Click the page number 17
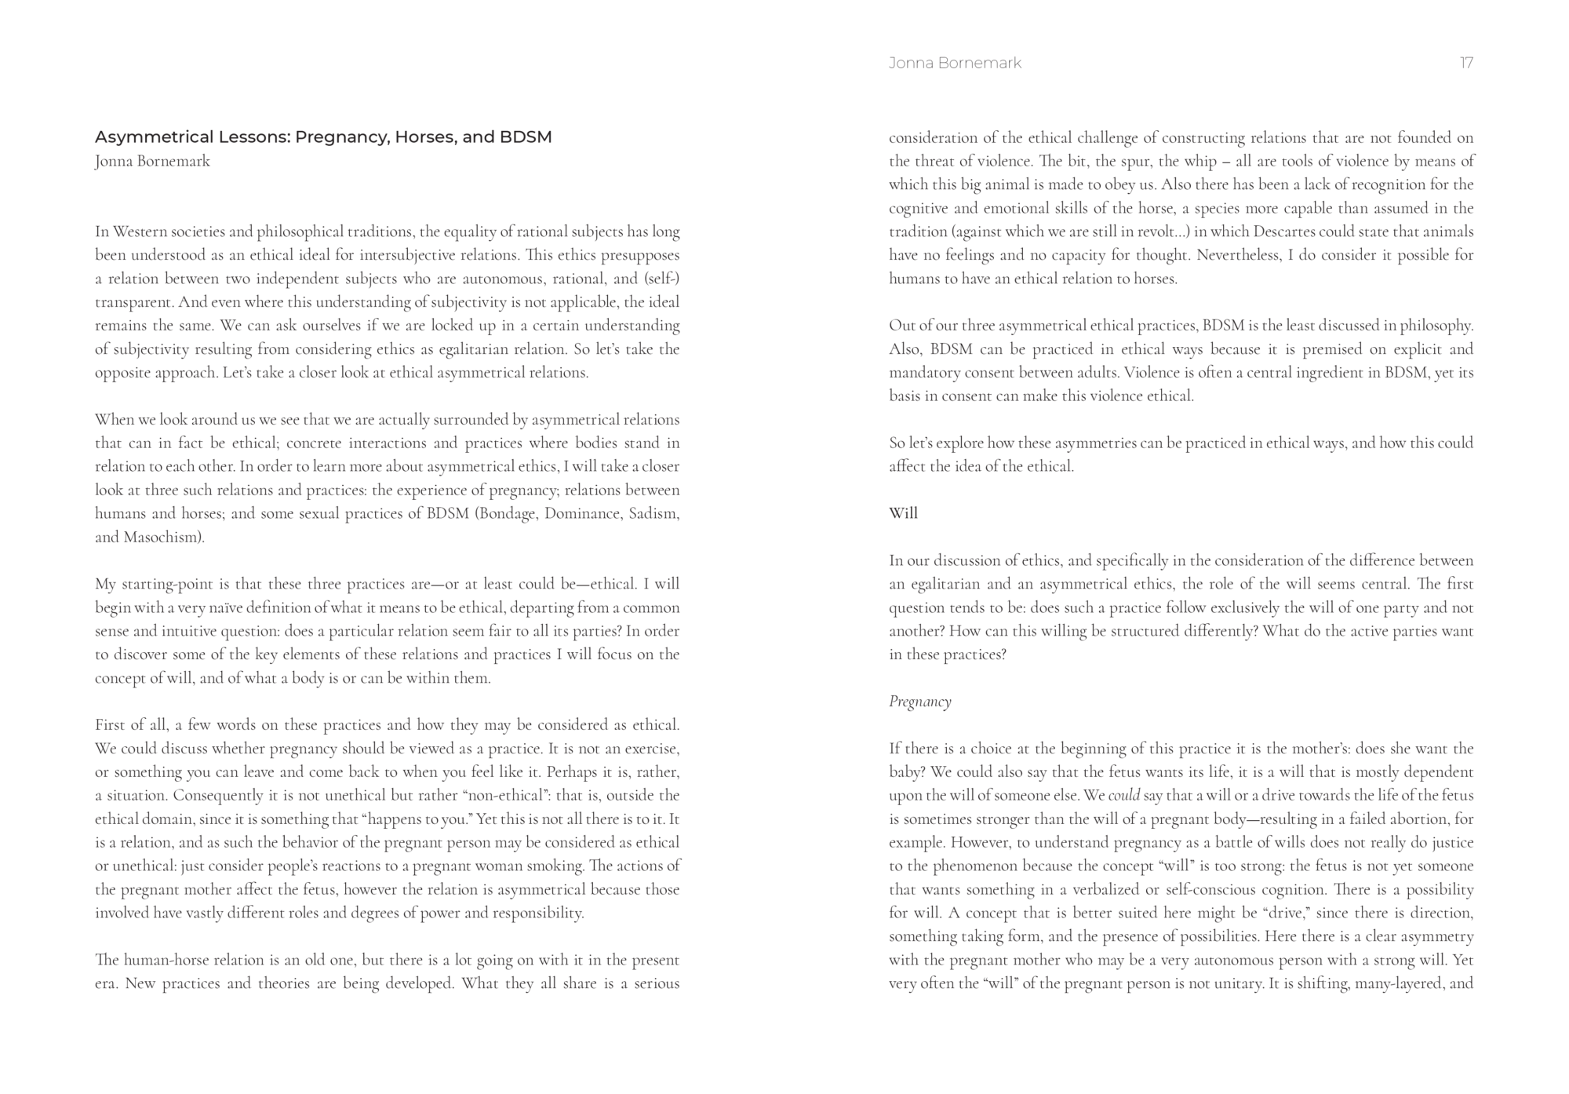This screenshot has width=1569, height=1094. click(x=1465, y=64)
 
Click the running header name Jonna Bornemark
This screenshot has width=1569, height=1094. click(x=955, y=64)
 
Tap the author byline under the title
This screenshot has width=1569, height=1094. click(x=152, y=162)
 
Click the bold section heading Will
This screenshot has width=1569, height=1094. click(x=903, y=513)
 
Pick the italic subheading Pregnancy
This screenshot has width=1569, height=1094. click(x=919, y=702)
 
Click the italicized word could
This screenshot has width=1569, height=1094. click(x=1123, y=795)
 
